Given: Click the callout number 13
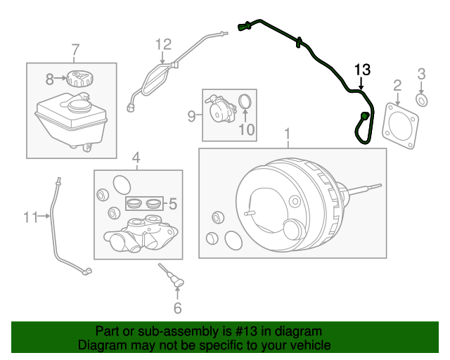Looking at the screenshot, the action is tap(362, 70).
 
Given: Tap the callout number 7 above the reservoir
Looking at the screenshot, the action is tap(75, 50).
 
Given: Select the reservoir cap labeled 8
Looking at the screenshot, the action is tap(81, 78).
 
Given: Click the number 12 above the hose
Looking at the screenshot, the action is tap(163, 44).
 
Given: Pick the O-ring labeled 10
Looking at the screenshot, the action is tap(245, 102).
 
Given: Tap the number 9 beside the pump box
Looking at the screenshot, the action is tap(192, 116).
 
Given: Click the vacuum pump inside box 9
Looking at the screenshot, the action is tap(220, 108).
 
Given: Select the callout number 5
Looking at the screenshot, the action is tap(173, 204).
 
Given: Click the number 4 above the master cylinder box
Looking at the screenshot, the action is tap(136, 157).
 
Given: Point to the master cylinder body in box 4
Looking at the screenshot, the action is tap(141, 233).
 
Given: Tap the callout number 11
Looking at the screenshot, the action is tap(31, 217).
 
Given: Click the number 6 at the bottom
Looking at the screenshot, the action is tap(178, 308).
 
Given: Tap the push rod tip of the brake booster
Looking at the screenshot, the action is tap(380, 186).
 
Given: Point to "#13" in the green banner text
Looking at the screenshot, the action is tap(247, 331).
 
